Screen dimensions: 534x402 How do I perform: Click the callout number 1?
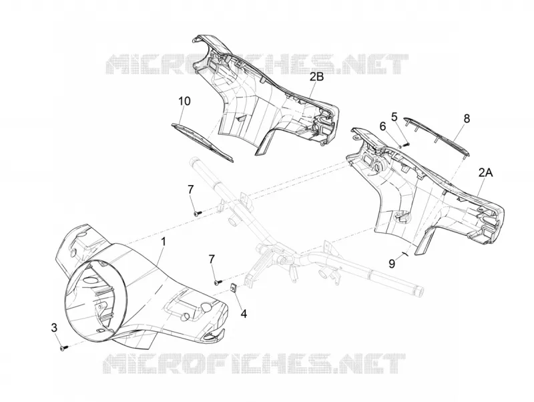coord(164,242)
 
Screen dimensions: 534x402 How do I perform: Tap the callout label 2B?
coord(316,77)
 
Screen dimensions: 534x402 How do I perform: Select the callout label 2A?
coord(486,173)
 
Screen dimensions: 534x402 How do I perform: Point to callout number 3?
coord(54,328)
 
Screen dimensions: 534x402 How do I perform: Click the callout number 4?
coord(244,313)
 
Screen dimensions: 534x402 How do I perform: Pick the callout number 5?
coord(394,117)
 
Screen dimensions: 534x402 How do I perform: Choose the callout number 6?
coord(383,126)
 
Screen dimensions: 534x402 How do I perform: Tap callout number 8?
coord(467,119)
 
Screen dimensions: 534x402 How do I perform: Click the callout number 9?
coord(392,263)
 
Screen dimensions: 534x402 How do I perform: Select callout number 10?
coord(184,102)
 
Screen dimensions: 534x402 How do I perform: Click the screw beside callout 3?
coord(63,348)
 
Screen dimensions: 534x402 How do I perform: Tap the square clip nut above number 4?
coord(234,288)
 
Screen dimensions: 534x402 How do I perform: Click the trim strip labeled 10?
coord(202,142)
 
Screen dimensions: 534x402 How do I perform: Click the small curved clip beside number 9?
coord(405,254)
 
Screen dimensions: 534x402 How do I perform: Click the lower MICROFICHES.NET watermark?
coord(254,363)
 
